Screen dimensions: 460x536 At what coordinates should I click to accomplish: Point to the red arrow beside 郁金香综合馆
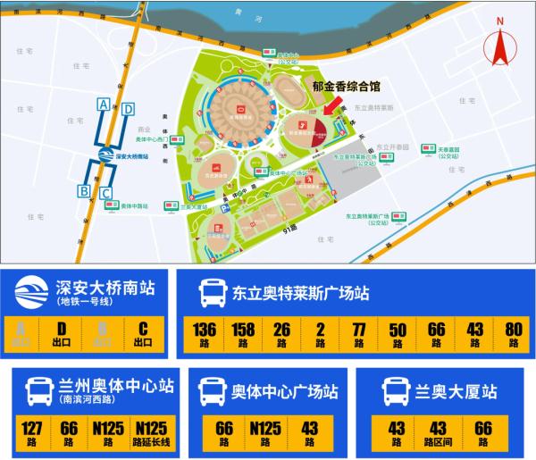331,106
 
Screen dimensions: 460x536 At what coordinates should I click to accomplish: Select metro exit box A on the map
105,105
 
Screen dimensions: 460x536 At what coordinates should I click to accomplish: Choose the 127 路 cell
32,434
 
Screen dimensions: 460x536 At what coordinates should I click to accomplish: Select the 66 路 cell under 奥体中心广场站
224,434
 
